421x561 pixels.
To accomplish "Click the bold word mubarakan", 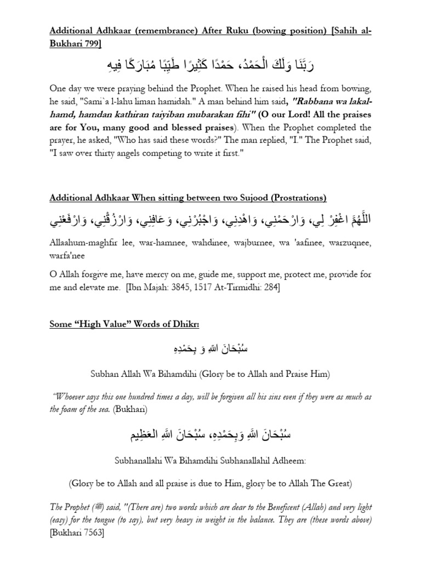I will (x=256, y=116).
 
